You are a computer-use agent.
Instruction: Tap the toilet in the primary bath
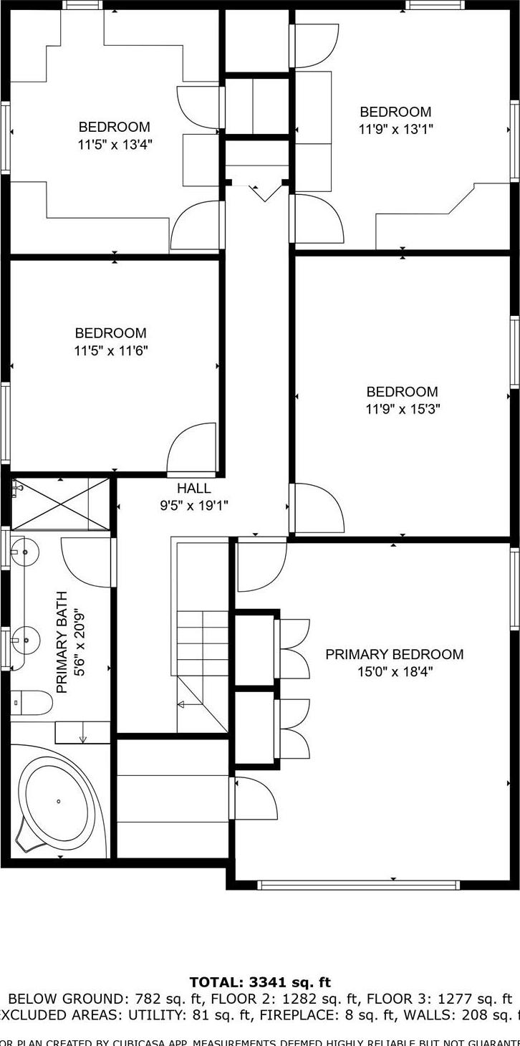(32, 703)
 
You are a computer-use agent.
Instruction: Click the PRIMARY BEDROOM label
(394, 654)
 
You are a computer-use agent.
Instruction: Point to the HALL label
(194, 489)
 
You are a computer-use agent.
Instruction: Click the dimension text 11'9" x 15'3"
(403, 409)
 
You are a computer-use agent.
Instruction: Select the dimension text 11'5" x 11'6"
(111, 350)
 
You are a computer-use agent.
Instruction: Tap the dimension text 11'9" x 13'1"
(395, 129)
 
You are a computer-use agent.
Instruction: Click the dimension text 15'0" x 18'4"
(394, 672)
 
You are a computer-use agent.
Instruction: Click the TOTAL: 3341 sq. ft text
(260, 982)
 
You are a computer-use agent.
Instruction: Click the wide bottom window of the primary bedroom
(358, 885)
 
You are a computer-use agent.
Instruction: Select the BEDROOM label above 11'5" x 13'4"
(115, 127)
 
